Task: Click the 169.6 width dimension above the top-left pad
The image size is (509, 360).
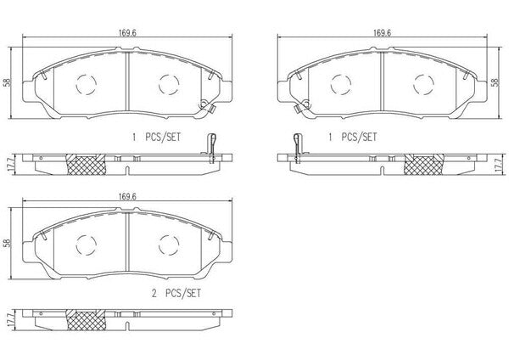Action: click(127, 33)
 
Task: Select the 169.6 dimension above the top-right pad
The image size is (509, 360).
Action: click(382, 33)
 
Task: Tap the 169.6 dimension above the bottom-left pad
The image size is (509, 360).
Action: click(127, 197)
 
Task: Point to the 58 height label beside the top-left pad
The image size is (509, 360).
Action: click(8, 82)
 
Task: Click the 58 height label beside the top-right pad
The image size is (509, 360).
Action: click(495, 82)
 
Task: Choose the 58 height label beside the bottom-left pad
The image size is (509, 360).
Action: click(8, 243)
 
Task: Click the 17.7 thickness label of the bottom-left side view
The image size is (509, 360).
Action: click(9, 321)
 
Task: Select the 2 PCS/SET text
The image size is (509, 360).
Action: click(176, 294)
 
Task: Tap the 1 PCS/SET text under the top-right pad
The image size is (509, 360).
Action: click(353, 137)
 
